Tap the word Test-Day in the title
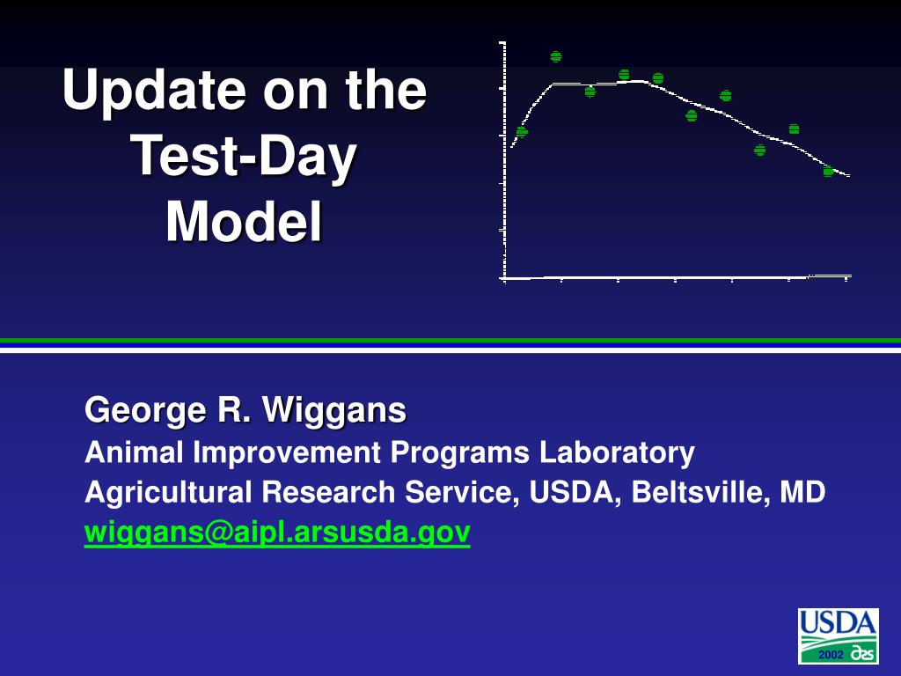pyautogui.click(x=245, y=157)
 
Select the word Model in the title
pyautogui.click(x=245, y=222)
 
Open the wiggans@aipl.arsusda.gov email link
pyautogui.click(x=277, y=533)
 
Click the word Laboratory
pyautogui.click(x=617, y=452)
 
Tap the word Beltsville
pyautogui.click(x=700, y=492)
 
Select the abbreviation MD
pyautogui.click(x=802, y=492)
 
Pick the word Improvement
pyautogui.click(x=286, y=452)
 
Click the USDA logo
pyautogui.click(x=839, y=636)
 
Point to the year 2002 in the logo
pyautogui.click(x=831, y=655)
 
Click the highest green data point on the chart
pyautogui.click(x=556, y=56)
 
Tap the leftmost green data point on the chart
pyautogui.click(x=522, y=132)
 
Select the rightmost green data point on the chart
pyautogui.click(x=828, y=171)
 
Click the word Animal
pyautogui.click(x=134, y=452)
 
